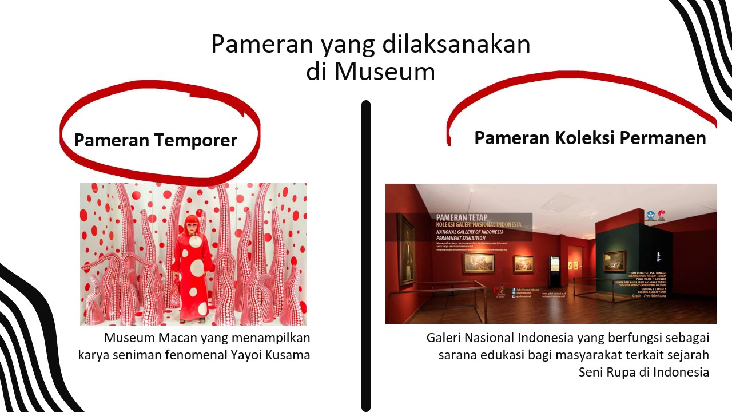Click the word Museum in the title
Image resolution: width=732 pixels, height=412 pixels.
click(x=384, y=72)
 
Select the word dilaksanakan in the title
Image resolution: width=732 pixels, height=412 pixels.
click(x=456, y=44)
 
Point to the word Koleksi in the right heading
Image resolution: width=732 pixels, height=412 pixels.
click(x=578, y=138)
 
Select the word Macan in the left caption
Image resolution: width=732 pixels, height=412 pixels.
click(x=176, y=338)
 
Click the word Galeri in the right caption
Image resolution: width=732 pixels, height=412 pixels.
click(x=444, y=338)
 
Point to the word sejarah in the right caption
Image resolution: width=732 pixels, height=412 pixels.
click(x=686, y=355)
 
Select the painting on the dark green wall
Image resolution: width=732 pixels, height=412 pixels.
click(x=614, y=261)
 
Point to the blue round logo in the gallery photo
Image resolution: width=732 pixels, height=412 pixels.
click(x=650, y=216)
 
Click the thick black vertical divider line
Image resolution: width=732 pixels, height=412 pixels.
click(x=366, y=257)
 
